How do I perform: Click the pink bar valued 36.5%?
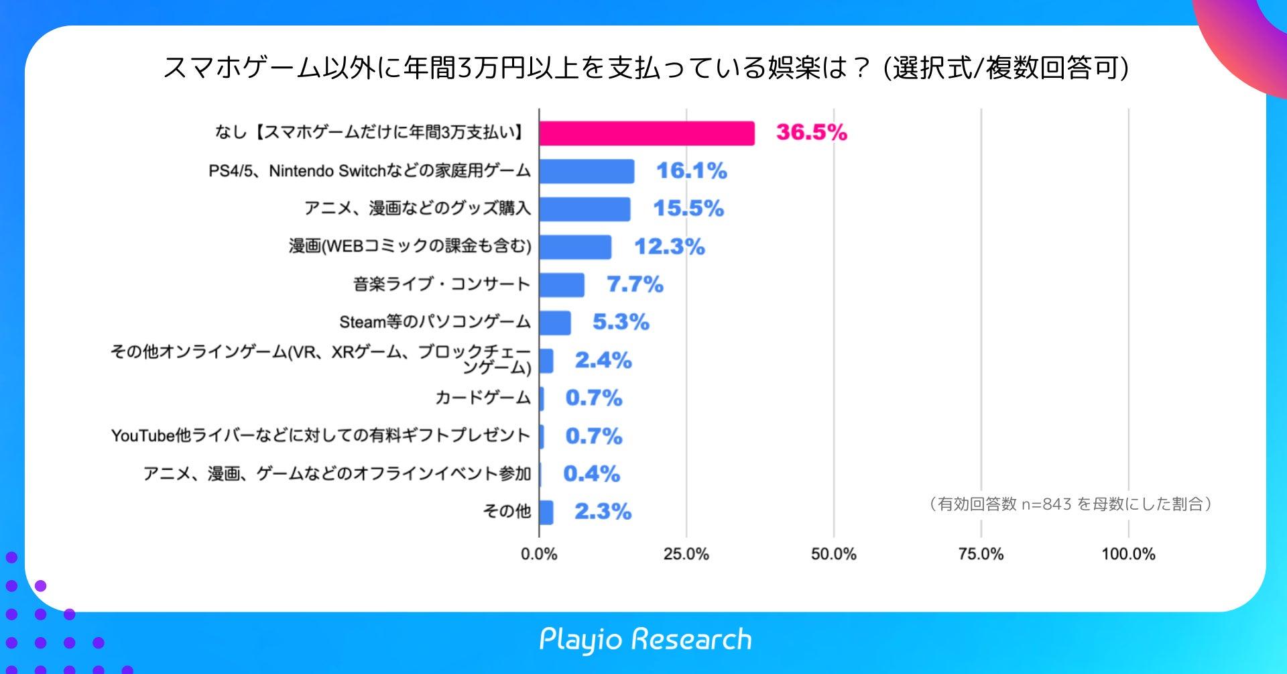pyautogui.click(x=647, y=133)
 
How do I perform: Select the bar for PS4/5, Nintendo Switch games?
pyautogui.click(x=587, y=172)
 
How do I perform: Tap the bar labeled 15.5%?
pyautogui.click(x=585, y=209)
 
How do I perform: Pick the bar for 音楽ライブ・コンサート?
pyautogui.click(x=562, y=285)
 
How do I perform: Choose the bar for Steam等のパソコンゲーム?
pyautogui.click(x=555, y=323)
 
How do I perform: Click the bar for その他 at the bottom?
pyautogui.click(x=546, y=512)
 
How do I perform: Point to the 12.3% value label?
pyautogui.click(x=670, y=247)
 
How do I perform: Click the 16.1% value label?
pyautogui.click(x=691, y=171)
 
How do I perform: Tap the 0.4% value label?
pyautogui.click(x=591, y=474)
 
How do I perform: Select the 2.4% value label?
pyautogui.click(x=603, y=361)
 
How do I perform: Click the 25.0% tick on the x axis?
pyautogui.click(x=686, y=555)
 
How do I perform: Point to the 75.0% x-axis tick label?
pyautogui.click(x=981, y=555)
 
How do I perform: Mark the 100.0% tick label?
pyautogui.click(x=1128, y=555)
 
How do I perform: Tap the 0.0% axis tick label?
pyautogui.click(x=539, y=555)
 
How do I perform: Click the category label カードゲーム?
pyautogui.click(x=483, y=398)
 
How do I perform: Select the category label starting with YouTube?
pyautogui.click(x=320, y=436)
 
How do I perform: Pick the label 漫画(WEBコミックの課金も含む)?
pyautogui.click(x=410, y=247)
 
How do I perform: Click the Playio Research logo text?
pyautogui.click(x=646, y=640)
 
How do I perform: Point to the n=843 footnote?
pyautogui.click(x=1070, y=504)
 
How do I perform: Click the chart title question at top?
pyautogui.click(x=646, y=68)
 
